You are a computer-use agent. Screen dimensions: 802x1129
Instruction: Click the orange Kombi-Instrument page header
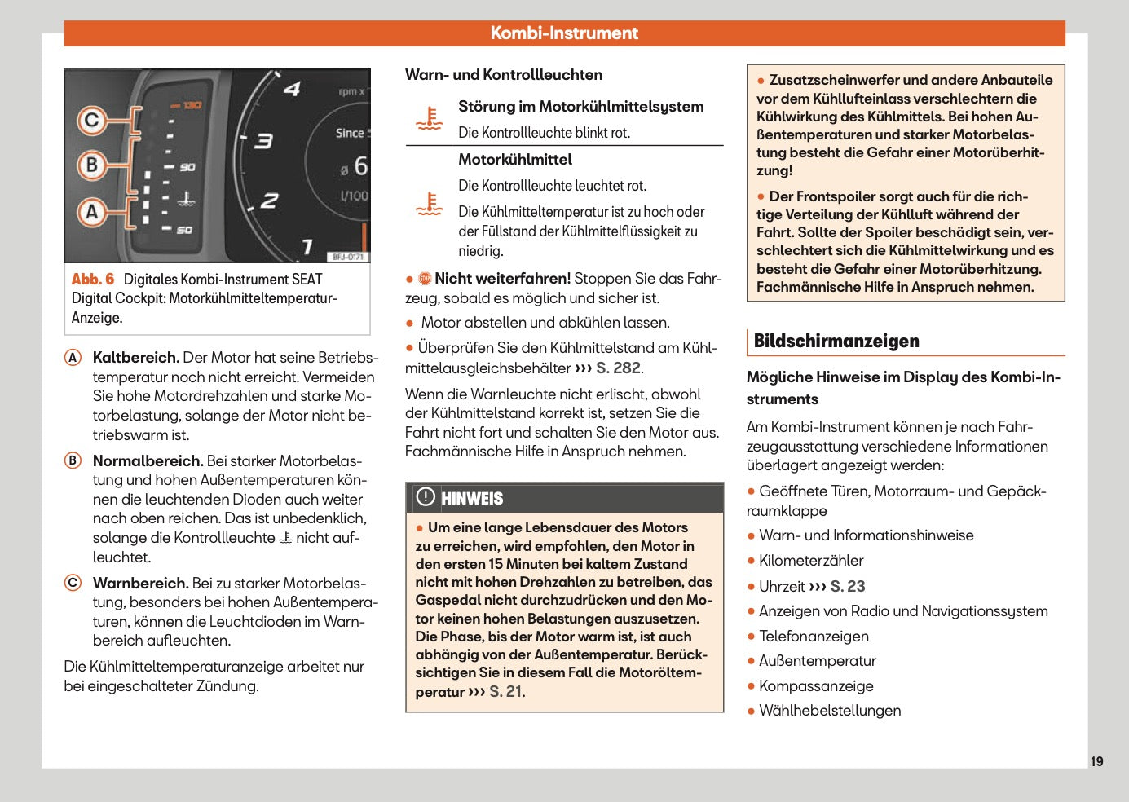(564, 33)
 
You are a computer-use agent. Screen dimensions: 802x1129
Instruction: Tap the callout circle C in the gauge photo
(92, 121)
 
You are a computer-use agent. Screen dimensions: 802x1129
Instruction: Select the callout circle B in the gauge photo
(92, 165)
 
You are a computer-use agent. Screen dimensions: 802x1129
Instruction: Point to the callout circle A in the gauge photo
(92, 212)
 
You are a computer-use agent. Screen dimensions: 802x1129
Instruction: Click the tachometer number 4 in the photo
(292, 89)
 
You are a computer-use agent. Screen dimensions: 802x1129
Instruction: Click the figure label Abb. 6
(93, 280)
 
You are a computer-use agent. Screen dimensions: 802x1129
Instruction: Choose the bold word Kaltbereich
(135, 358)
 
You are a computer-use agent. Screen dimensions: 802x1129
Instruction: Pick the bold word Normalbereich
(148, 461)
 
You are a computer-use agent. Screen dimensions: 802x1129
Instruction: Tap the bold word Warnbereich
(140, 584)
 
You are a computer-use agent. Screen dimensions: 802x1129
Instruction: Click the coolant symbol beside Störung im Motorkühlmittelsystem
(430, 119)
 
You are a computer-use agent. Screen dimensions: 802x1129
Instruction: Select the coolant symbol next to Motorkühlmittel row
(430, 204)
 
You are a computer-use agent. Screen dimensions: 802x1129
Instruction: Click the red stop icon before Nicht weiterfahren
(425, 279)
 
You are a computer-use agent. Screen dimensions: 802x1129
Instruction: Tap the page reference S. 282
(618, 368)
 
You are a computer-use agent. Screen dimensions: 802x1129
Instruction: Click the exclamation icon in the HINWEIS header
(426, 497)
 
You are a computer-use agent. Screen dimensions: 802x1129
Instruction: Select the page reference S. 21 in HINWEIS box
(505, 692)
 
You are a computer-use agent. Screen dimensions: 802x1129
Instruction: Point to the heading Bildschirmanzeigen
(836, 342)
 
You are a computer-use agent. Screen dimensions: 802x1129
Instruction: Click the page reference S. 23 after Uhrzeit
(847, 587)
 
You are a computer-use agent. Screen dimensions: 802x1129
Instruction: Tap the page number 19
(1096, 761)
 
